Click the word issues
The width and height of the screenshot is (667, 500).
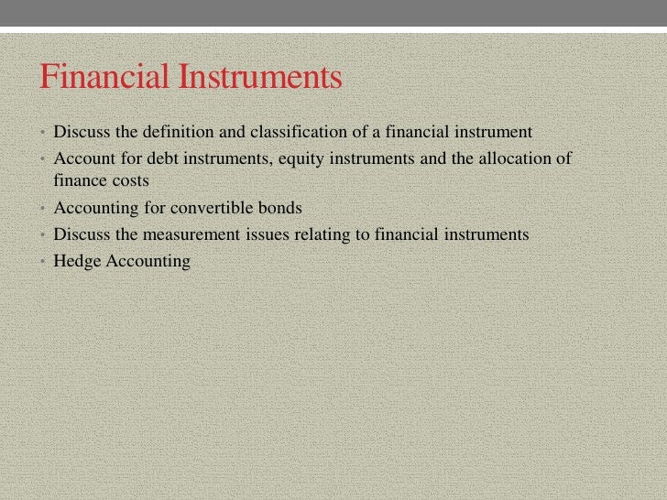[266, 234]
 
